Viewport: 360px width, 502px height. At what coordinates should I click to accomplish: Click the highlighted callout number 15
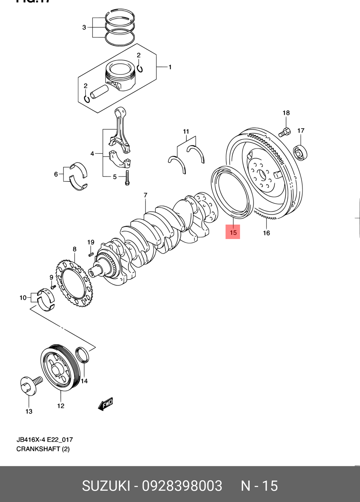pyautogui.click(x=233, y=232)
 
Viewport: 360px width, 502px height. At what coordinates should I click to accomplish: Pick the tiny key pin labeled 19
pyautogui.click(x=91, y=254)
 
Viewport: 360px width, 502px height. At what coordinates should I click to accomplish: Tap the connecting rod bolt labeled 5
pyautogui.click(x=127, y=178)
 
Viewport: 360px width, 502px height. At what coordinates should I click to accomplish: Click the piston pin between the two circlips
pyautogui.click(x=99, y=91)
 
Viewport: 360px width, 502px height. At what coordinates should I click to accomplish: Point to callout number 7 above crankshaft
pyautogui.click(x=146, y=195)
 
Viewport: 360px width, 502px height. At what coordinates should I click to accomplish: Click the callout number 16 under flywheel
pyautogui.click(x=266, y=233)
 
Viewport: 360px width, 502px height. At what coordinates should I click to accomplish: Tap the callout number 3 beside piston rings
pyautogui.click(x=84, y=27)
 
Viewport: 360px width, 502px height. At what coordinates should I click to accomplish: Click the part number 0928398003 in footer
pyautogui.click(x=182, y=486)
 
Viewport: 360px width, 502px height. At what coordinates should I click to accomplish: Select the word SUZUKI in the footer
pyautogui.click(x=106, y=486)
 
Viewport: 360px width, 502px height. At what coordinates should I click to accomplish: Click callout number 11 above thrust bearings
pyautogui.click(x=186, y=131)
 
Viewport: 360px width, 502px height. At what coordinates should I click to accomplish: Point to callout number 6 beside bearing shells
pyautogui.click(x=56, y=174)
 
